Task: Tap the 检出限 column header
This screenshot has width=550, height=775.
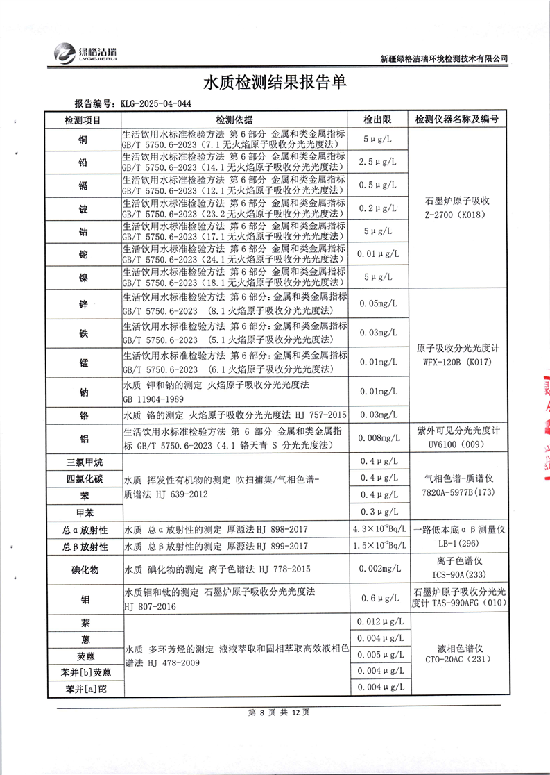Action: (x=379, y=119)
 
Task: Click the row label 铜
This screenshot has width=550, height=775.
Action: (x=83, y=140)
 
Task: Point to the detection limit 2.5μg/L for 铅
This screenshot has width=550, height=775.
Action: (x=379, y=162)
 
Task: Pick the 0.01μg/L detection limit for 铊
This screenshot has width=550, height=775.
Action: (x=379, y=254)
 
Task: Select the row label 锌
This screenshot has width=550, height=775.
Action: (x=83, y=304)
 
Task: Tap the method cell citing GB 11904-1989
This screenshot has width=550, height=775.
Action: (x=236, y=392)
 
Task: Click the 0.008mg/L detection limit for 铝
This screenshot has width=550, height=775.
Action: (x=379, y=437)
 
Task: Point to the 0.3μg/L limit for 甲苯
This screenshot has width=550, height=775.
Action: (x=379, y=512)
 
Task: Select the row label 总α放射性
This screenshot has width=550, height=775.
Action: (x=83, y=530)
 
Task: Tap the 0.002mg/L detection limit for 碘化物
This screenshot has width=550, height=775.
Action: (x=379, y=569)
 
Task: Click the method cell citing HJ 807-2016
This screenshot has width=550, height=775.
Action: (x=236, y=599)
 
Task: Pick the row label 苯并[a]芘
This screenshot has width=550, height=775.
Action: (x=83, y=689)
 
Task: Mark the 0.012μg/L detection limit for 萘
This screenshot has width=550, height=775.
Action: (x=379, y=621)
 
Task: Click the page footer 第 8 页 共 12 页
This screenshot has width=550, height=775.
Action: (x=275, y=712)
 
